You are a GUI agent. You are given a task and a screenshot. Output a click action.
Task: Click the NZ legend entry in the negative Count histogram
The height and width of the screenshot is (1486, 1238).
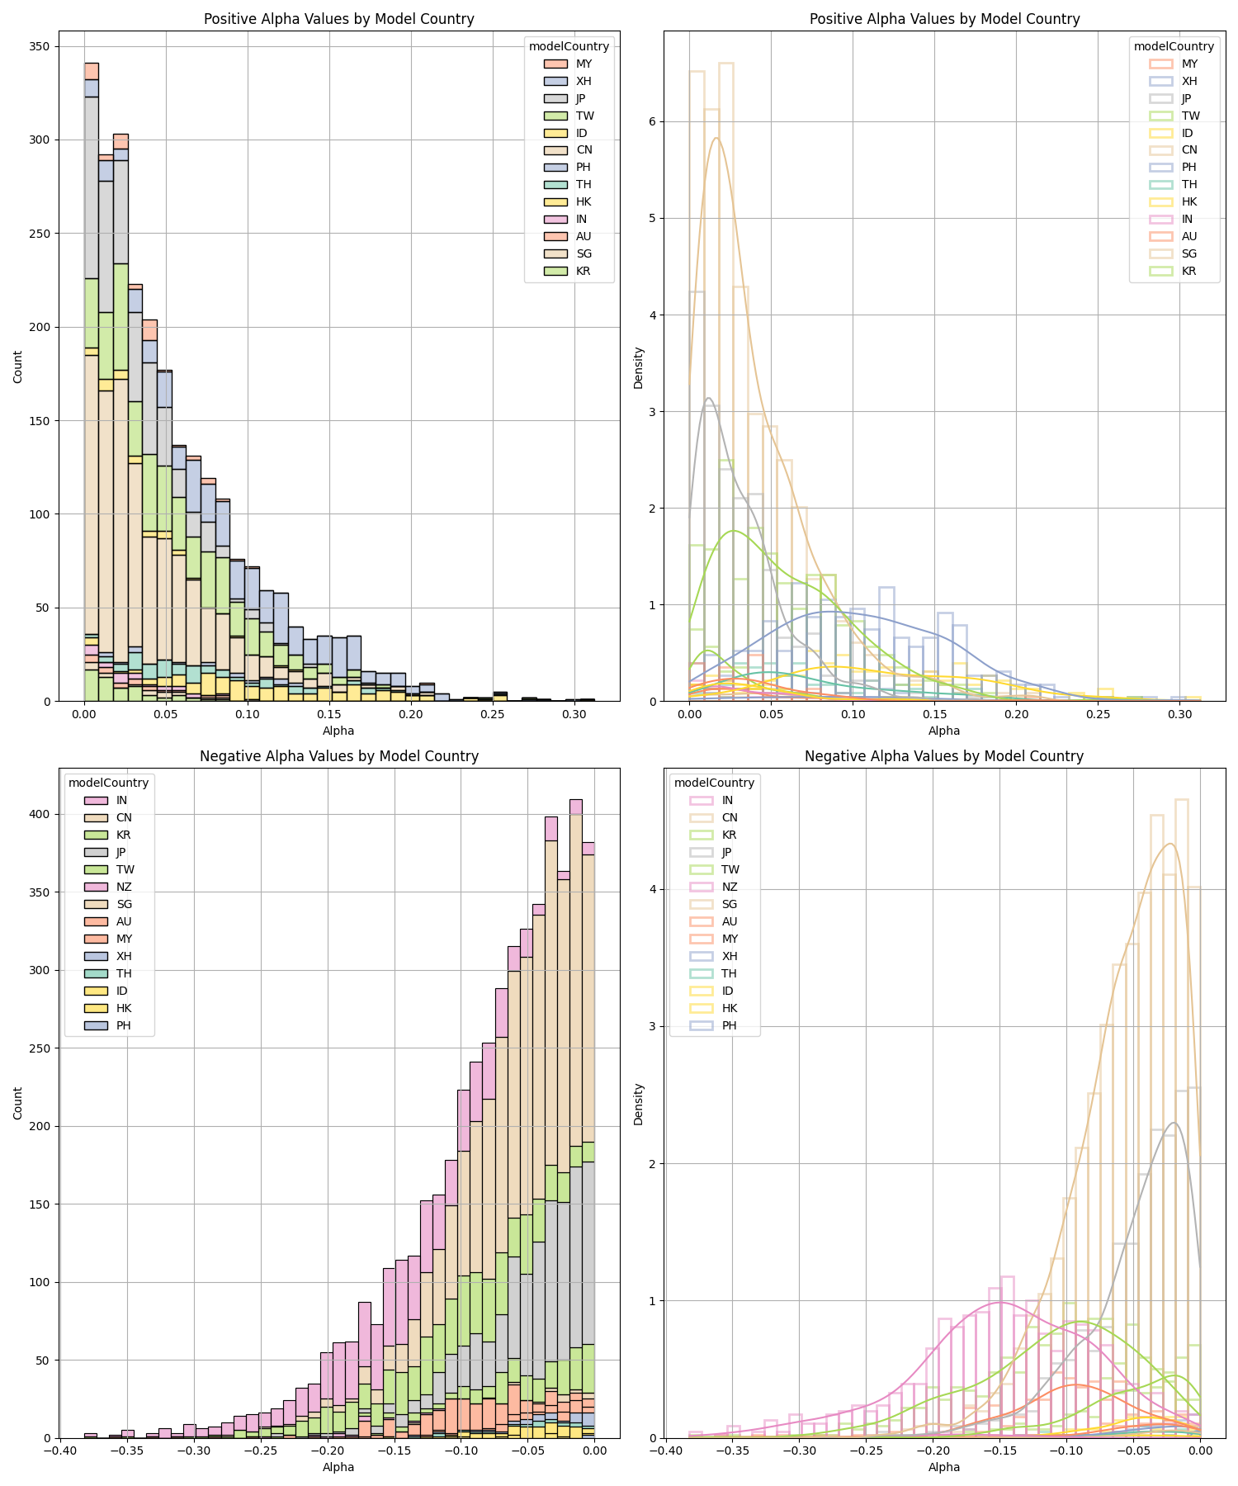(124, 887)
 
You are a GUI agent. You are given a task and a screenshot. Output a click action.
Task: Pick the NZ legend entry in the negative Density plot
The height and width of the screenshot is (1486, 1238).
(729, 887)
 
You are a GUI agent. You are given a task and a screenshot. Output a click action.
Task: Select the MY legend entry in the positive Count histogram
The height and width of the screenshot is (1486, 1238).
(584, 64)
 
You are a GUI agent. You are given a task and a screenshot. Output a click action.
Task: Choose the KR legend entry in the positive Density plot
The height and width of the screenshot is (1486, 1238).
(1188, 271)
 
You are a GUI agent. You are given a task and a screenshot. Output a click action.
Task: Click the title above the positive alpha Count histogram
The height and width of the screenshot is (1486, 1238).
(339, 19)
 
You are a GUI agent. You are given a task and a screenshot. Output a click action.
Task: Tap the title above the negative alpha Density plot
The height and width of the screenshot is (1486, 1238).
(944, 755)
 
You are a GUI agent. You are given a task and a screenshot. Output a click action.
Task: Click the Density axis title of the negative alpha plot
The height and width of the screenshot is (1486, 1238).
(638, 1104)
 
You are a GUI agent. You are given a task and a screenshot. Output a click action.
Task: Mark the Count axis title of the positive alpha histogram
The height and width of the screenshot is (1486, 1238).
(18, 367)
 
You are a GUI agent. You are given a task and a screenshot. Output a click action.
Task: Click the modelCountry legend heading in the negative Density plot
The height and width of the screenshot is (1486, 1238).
(714, 783)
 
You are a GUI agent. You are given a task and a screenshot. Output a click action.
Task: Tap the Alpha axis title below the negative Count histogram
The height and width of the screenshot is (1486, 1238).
(338, 1467)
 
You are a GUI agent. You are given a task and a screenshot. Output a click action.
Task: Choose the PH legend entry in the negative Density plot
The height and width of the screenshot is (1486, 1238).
(729, 1025)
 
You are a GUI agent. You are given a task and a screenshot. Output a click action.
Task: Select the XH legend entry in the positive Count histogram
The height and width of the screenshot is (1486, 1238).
(584, 81)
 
